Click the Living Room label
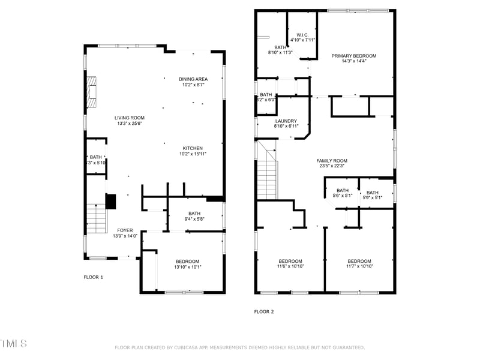pos(130,121)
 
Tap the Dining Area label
pos(193,82)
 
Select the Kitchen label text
pos(193,151)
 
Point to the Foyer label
pos(125,233)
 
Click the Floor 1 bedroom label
pos(188,264)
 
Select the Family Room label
pos(332,163)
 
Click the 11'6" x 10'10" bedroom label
pos(290,263)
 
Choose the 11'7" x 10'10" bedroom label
pos(359,263)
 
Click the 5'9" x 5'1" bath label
pos(372,195)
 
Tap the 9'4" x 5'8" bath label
pos(194,216)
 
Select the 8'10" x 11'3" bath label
pos(280,50)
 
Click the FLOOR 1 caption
pos(93,277)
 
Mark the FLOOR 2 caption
pos(263,311)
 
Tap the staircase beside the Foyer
pos(96,218)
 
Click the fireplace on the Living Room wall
pos(91,92)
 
